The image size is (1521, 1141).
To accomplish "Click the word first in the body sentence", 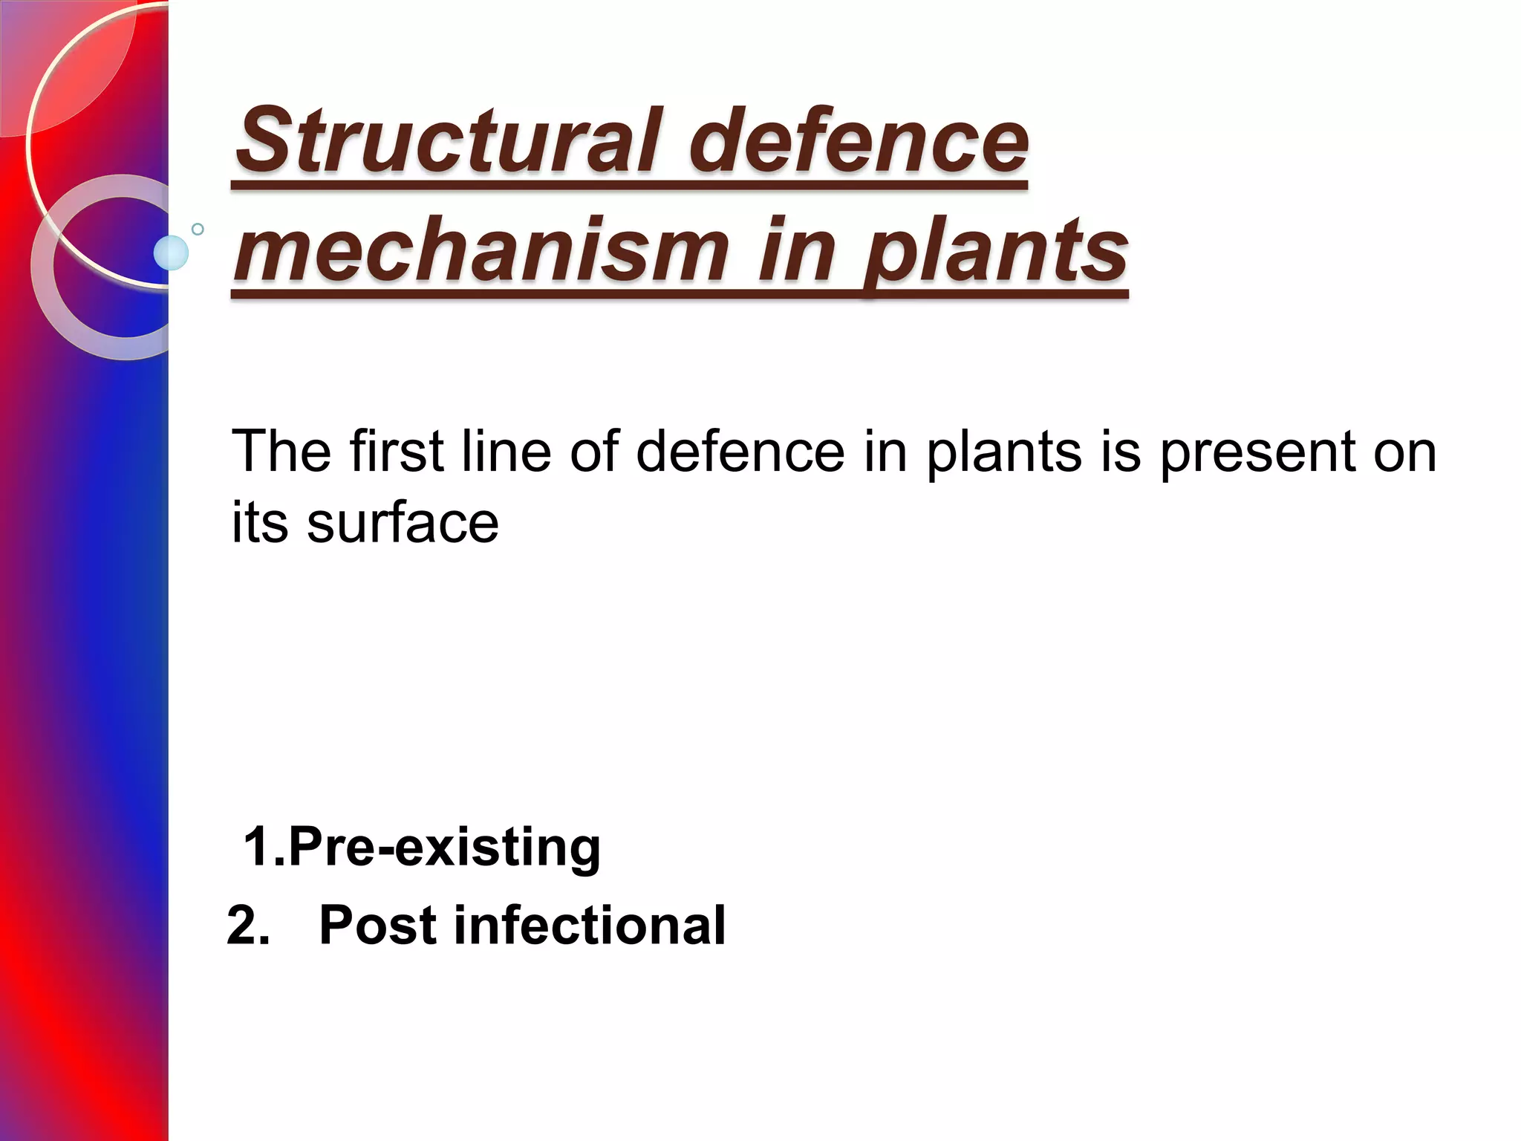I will pos(397,451).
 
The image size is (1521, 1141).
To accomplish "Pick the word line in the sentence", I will pos(506,451).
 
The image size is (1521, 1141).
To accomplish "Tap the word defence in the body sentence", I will pos(740,451).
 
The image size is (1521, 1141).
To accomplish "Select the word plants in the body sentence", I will pos(1003,451).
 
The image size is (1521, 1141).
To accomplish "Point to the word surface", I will pos(403,523).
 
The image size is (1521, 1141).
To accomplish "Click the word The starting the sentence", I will pos(281,451).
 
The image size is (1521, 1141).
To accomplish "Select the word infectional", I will pos(590,926).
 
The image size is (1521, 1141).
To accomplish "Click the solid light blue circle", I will pos(171,253).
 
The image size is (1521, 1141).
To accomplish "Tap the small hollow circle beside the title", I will pos(198,229).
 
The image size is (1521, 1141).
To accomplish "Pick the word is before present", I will pos(1120,451).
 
